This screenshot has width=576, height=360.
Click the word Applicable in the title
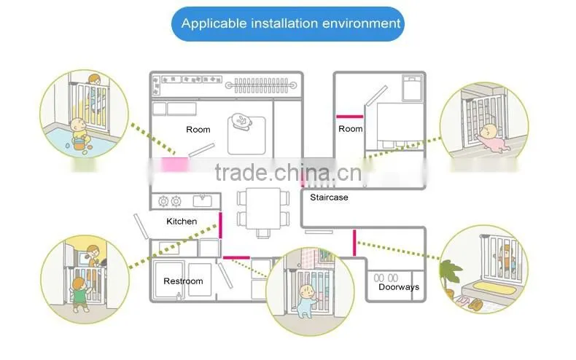pyautogui.click(x=214, y=24)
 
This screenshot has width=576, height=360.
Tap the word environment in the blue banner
pyautogui.click(x=362, y=23)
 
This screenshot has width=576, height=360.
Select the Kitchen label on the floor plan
pyautogui.click(x=182, y=222)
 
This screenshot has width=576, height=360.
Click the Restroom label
pyautogui.click(x=183, y=281)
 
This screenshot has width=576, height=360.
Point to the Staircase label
pyautogui.click(x=329, y=197)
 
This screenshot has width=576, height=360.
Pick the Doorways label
pyautogui.click(x=399, y=287)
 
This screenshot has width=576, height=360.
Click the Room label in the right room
pyautogui.click(x=351, y=129)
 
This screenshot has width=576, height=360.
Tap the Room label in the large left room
pyautogui.click(x=198, y=130)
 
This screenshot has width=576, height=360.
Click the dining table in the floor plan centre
pyautogui.click(x=263, y=208)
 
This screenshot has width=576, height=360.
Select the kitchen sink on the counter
pyautogui.click(x=203, y=201)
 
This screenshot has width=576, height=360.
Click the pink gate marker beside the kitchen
pyautogui.click(x=220, y=225)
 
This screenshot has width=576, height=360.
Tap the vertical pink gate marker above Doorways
pyautogui.click(x=354, y=243)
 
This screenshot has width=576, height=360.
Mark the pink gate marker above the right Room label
pyautogui.click(x=350, y=117)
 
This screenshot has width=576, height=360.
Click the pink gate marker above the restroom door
pyautogui.click(x=236, y=257)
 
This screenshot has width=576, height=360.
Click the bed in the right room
pyautogui.click(x=412, y=87)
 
